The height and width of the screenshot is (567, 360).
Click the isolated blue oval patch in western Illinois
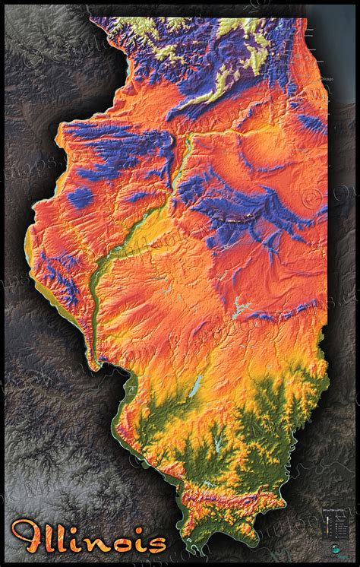81,198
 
